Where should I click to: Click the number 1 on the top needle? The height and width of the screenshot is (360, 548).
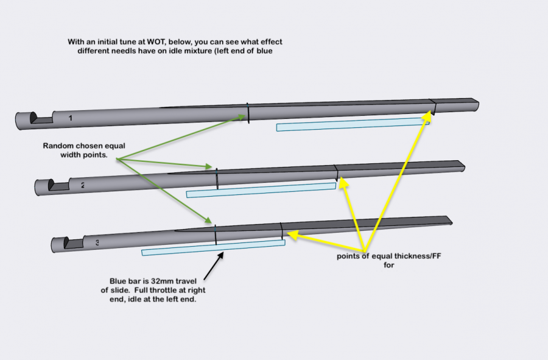click(x=71, y=118)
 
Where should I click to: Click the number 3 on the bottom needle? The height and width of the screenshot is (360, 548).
click(x=97, y=242)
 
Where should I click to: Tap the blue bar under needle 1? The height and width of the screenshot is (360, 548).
click(x=353, y=124)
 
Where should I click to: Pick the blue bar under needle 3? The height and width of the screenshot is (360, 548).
click(x=213, y=247)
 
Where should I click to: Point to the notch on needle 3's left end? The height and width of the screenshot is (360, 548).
click(x=73, y=244)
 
